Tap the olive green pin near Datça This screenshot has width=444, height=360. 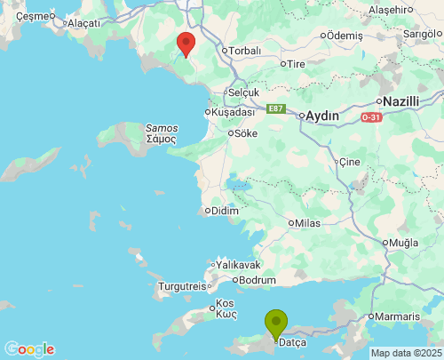276,325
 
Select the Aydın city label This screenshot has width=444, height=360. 324,116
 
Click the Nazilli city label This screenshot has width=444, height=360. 400,102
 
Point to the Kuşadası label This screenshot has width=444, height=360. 234,112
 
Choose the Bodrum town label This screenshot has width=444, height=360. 258,280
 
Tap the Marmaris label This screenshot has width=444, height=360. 396,317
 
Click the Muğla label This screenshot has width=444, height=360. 403,243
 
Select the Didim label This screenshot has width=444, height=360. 220,211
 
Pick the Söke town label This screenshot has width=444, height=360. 245,133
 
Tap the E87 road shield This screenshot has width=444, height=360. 276,108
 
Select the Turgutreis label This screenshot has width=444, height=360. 181,286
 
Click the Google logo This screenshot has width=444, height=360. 29,349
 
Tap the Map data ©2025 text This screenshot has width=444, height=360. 405,353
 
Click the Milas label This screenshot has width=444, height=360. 307,222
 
